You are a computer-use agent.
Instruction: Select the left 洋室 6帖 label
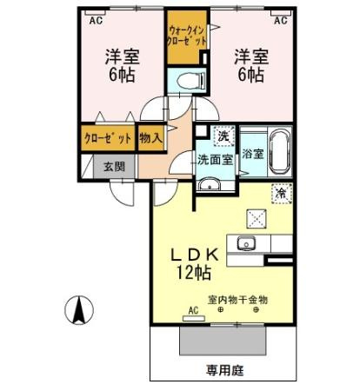click(x=123, y=65)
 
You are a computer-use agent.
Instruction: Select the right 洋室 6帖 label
click(x=250, y=65)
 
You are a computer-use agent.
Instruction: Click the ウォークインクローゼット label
click(x=187, y=36)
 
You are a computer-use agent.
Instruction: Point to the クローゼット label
click(x=108, y=137)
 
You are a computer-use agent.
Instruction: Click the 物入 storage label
click(x=150, y=137)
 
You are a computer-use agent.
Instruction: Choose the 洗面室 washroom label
click(x=213, y=160)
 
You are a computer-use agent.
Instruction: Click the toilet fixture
click(x=186, y=81)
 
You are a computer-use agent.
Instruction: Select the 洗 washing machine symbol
click(x=223, y=136)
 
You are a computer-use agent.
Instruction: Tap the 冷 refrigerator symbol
click(x=283, y=195)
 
